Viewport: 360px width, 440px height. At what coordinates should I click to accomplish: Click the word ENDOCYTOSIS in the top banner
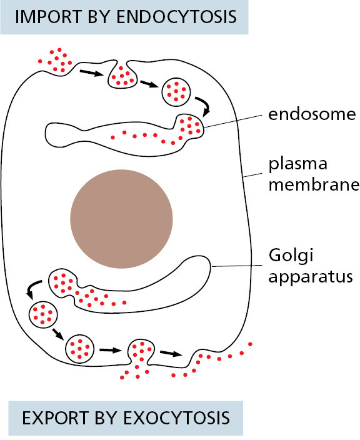pos(176,17)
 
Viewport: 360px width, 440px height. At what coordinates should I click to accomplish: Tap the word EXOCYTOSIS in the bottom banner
pos(176,418)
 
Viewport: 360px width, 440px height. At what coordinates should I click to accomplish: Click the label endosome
pos(312,114)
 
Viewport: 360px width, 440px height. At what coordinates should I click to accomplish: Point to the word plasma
pos(298,164)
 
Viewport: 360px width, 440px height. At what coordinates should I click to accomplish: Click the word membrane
pos(314,185)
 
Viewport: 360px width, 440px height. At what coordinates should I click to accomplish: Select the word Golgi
pos(291,256)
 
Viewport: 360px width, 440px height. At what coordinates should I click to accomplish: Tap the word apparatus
pos(311,277)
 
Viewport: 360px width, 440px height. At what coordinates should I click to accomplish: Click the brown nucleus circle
pos(121,219)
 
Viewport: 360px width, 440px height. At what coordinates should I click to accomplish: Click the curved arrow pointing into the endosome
pos(204,105)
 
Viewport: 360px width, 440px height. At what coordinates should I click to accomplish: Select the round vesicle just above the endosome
pos(176,92)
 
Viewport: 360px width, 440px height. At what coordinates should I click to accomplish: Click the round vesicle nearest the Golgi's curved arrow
pos(43,314)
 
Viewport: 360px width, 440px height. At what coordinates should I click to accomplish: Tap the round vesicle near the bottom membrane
pos(80,349)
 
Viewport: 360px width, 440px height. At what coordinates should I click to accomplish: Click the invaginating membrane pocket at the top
pos(122,76)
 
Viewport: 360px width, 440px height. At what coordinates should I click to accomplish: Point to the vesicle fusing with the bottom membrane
pos(141,352)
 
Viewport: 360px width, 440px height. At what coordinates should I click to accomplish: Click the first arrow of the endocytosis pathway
pos(91,73)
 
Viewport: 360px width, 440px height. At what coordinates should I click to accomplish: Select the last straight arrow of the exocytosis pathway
pos(171,353)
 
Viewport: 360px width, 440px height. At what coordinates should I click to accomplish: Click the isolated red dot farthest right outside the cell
pos(250,344)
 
